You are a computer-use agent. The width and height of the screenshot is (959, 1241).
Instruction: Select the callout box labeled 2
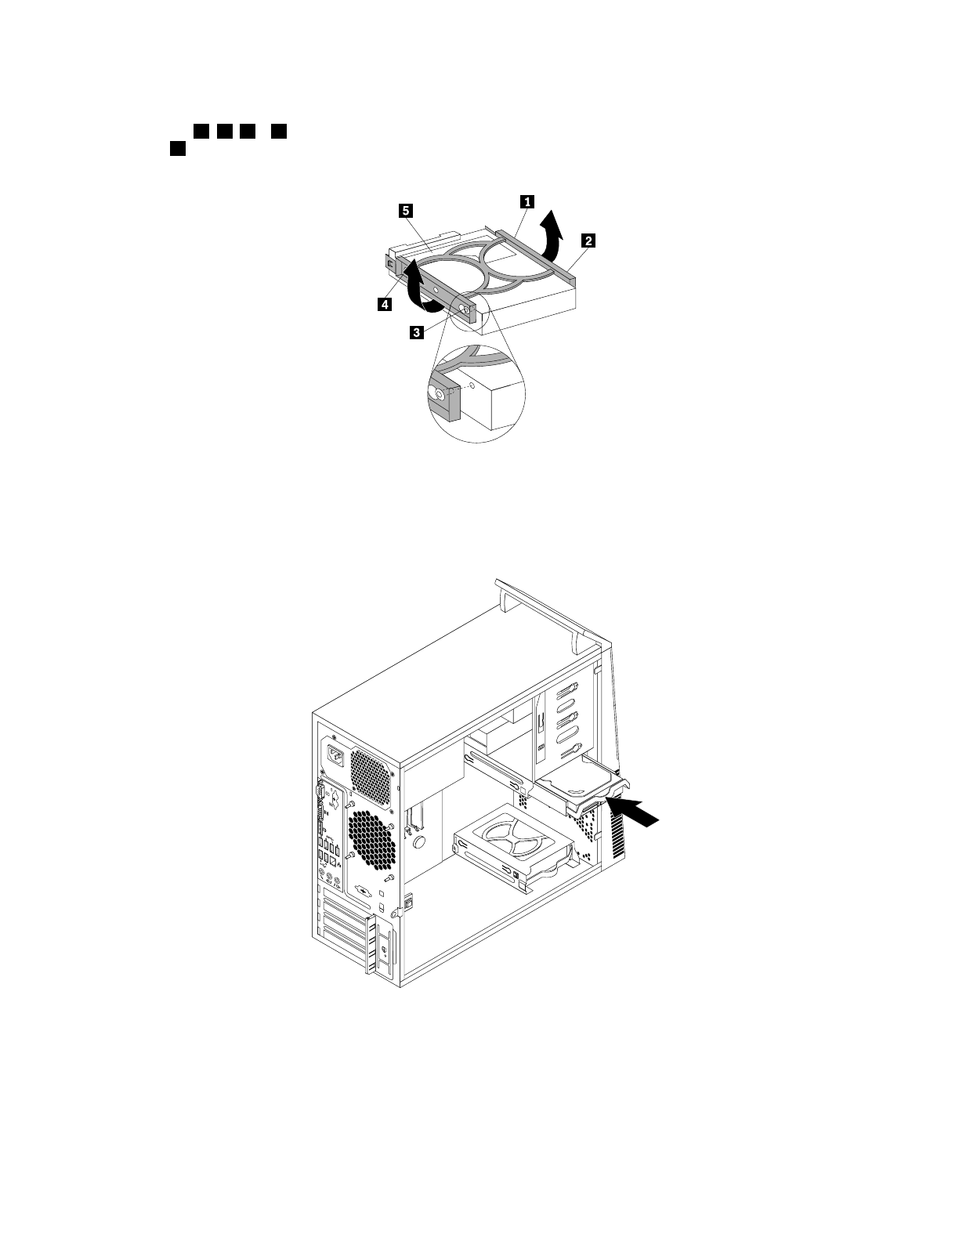click(x=588, y=241)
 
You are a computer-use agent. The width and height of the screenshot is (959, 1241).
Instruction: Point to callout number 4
click(x=384, y=306)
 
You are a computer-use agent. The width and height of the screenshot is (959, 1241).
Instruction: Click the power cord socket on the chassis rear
click(x=336, y=757)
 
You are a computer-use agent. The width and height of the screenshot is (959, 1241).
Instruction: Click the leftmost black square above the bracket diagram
click(x=178, y=147)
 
